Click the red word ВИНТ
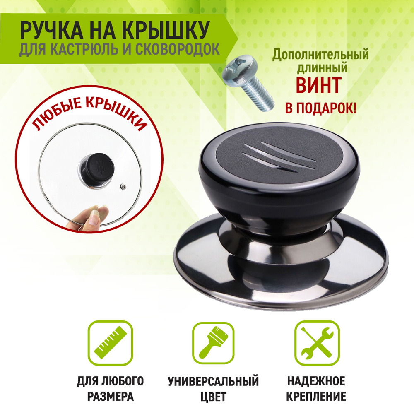click(318, 85)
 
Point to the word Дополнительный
click(320, 54)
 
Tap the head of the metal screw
click(239, 69)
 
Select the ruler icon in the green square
click(111, 343)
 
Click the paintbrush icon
click(213, 343)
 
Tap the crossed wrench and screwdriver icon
click(317, 343)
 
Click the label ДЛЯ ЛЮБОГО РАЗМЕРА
click(111, 389)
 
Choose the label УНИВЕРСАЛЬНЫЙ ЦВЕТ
click(213, 389)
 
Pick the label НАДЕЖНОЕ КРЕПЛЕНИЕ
click(316, 389)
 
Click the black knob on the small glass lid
click(97, 168)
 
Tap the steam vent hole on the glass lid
click(123, 187)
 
